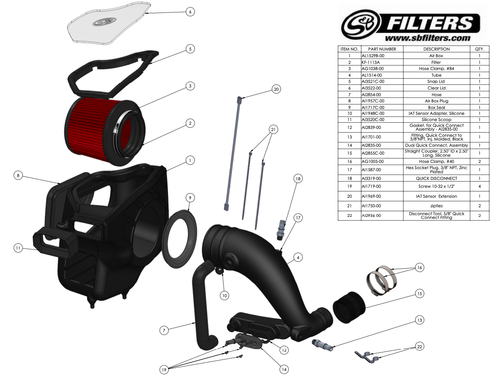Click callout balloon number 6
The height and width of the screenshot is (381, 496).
pyautogui.click(x=190, y=12)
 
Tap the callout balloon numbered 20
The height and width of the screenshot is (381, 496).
pyautogui.click(x=276, y=90)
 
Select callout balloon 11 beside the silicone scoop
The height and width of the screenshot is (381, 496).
pyautogui.click(x=18, y=248)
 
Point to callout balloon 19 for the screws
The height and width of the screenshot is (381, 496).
pyautogui.click(x=164, y=370)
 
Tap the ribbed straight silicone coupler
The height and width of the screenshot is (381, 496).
pyautogui.click(x=349, y=307)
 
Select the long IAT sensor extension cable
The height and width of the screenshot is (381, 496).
pyautogui.click(x=233, y=153)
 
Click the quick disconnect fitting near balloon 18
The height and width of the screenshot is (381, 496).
pyautogui.click(x=281, y=230)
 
